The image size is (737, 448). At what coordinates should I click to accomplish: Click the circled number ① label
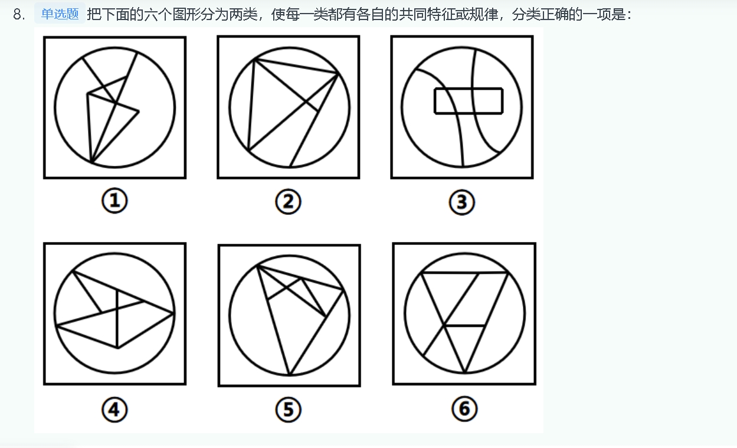[114, 201]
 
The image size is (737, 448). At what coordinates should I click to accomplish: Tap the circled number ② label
[288, 201]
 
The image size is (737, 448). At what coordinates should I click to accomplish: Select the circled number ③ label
[462, 202]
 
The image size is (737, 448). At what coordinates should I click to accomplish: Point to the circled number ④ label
[114, 410]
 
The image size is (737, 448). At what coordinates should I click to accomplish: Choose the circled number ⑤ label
[288, 410]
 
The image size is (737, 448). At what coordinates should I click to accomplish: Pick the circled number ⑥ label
[464, 408]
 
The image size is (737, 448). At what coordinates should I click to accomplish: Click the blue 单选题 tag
[60, 14]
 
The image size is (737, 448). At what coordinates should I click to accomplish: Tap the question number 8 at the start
[19, 15]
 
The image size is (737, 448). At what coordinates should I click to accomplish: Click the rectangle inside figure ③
[469, 88]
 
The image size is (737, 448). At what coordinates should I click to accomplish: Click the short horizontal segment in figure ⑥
[464, 326]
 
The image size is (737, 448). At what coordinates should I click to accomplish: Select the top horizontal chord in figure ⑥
[464, 273]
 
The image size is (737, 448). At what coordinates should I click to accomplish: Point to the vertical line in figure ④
[117, 319]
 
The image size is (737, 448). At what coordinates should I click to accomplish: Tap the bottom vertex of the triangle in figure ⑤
[290, 375]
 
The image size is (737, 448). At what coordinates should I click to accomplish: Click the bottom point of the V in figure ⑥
[465, 372]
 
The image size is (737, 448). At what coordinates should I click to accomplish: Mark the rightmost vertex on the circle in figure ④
[173, 313]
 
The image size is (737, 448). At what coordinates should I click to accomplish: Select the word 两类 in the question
[243, 15]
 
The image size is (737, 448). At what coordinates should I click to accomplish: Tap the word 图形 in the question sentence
[186, 15]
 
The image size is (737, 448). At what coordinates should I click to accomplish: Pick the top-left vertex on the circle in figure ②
[255, 60]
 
